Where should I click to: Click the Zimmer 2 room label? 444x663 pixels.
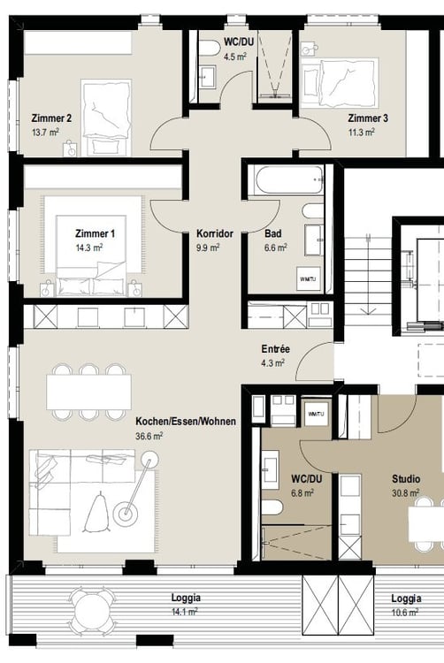[x=51, y=118]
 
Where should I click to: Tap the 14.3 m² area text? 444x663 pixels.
[x=89, y=248]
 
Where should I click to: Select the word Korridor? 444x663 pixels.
[x=214, y=233]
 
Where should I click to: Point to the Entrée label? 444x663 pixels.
[x=276, y=349]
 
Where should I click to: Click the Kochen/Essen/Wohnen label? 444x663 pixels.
[x=186, y=422]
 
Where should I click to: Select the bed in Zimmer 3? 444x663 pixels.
[x=348, y=82]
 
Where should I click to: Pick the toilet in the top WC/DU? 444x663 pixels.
[x=209, y=49]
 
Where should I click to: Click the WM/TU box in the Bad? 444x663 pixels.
[x=309, y=279]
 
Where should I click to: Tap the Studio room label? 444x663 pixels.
[x=406, y=479]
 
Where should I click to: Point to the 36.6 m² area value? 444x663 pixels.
[x=149, y=436]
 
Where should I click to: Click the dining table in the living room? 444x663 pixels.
[x=88, y=392]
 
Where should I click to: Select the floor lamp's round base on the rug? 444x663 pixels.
[x=126, y=514]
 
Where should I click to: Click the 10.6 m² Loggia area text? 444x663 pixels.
[x=405, y=613]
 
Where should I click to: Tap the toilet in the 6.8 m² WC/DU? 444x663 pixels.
[x=272, y=507]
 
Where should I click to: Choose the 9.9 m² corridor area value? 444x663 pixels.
[x=208, y=248]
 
